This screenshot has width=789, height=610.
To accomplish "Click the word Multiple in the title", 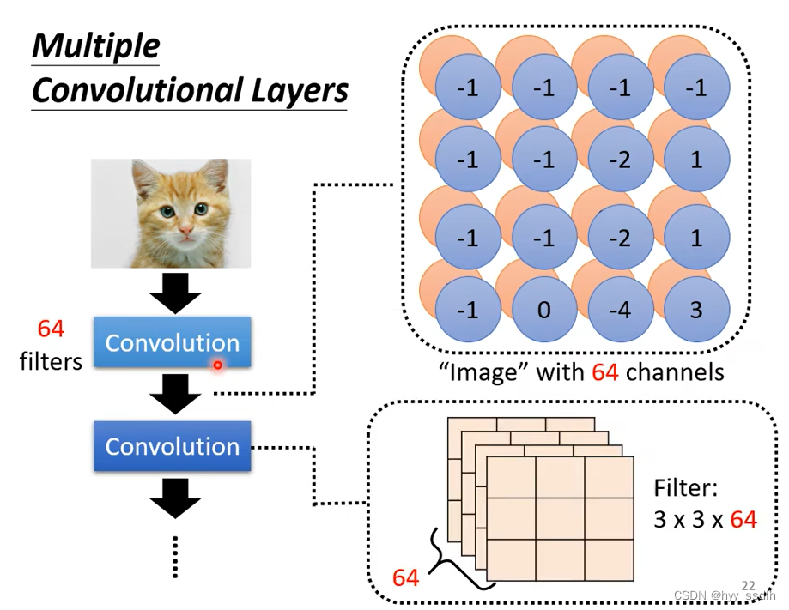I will click(95, 46).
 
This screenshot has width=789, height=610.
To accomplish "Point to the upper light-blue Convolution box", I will click(172, 342).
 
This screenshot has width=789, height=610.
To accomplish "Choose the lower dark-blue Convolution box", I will click(172, 446).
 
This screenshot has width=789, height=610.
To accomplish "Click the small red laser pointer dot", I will click(218, 365).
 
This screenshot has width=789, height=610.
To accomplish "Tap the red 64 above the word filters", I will click(51, 329).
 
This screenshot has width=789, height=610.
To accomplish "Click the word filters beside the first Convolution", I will click(51, 361).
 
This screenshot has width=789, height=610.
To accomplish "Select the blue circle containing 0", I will click(543, 310).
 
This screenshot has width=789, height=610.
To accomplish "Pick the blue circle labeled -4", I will click(620, 310).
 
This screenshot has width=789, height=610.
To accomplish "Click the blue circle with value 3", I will click(696, 310).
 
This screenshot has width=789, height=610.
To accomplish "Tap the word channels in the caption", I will click(674, 372).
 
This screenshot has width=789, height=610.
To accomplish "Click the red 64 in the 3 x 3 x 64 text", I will click(743, 519).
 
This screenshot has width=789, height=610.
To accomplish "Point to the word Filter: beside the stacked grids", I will click(685, 488).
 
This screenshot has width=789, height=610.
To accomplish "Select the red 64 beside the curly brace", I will click(405, 577).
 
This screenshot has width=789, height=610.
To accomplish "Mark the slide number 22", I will click(748, 585).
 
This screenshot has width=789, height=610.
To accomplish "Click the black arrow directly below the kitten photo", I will click(175, 295).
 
